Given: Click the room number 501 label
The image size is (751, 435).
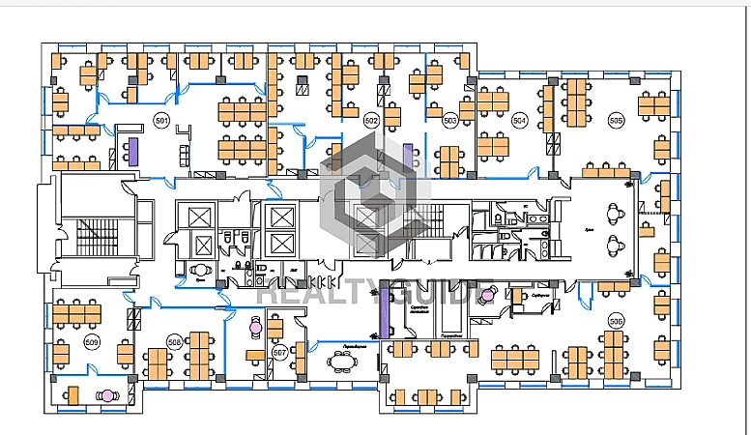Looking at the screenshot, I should tap(161, 121).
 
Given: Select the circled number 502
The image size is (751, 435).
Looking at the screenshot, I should tap(371, 121).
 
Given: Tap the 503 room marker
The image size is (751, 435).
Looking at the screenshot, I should tap(449, 121).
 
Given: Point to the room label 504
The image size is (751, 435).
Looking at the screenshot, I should tap(519, 121).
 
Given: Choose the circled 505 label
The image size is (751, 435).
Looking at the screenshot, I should tap(616, 121).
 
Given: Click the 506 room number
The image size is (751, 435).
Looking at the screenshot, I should tap(616, 320).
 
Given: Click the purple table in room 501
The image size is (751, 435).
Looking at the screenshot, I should tap(133, 150).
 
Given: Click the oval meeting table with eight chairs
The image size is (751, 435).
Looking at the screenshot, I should tap(341, 362).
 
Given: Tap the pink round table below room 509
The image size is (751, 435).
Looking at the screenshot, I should tap(108, 394).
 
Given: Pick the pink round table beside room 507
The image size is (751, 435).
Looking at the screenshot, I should tap(255, 328).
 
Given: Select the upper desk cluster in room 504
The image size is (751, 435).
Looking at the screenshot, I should tap(493, 101).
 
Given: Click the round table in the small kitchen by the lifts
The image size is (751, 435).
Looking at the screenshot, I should tap(202, 271).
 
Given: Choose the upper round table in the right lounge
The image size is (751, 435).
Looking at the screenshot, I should tap(613, 213).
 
